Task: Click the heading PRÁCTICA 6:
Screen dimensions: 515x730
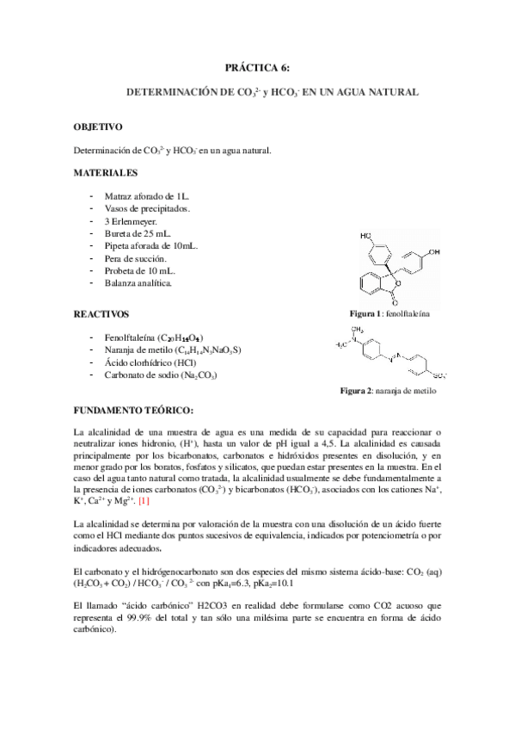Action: point(257,66)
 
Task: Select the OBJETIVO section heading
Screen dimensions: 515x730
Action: point(98,127)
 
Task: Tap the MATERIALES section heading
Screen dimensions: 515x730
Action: point(106,172)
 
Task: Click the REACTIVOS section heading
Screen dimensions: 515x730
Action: point(101,314)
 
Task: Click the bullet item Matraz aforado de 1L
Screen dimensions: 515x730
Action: point(141,196)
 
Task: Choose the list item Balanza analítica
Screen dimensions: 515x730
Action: point(138,282)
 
